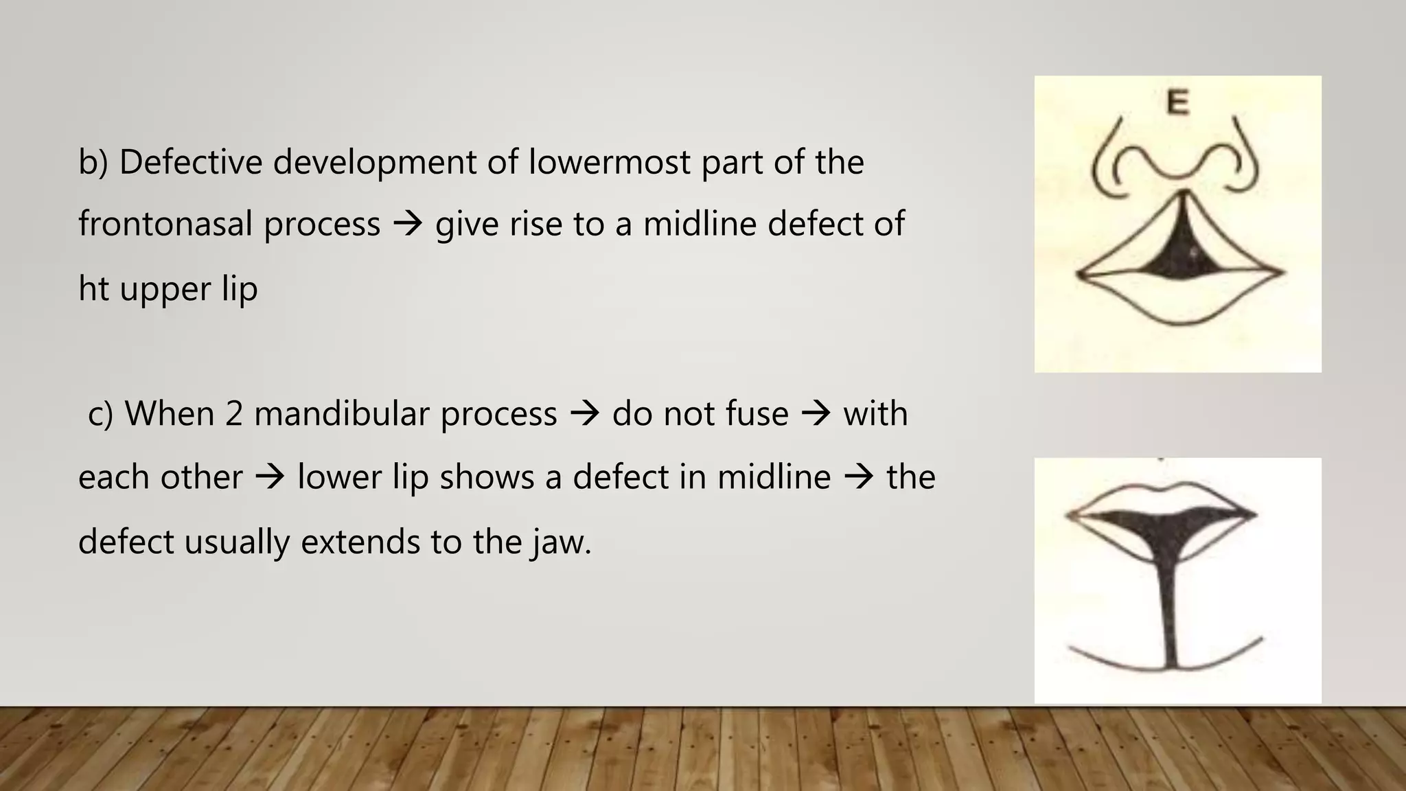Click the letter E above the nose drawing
pos(1177,103)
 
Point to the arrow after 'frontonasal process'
pos(408,225)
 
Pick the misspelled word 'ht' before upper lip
pos(93,288)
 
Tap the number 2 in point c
pos(234,414)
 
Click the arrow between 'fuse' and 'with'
pos(816,414)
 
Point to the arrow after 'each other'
pos(270,477)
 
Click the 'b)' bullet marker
pos(93,163)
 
